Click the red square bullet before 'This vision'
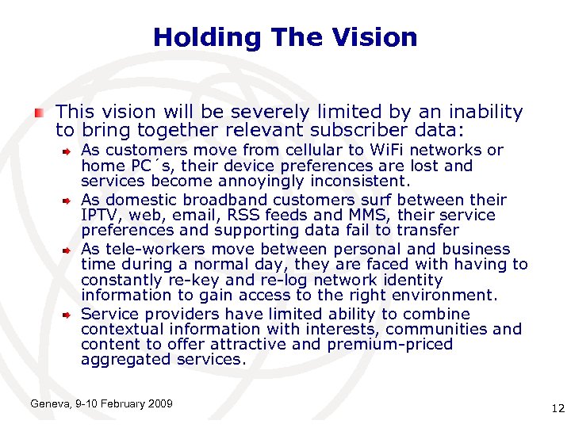click(39, 113)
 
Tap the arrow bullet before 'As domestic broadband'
click(69, 200)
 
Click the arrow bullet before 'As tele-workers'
click(69, 250)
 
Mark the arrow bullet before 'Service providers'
click(69, 315)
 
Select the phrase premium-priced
click(397, 345)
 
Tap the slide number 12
click(556, 409)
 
